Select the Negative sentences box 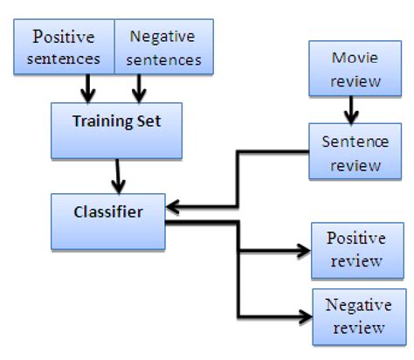pos(164,49)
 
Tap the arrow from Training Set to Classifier pos(119,175)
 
